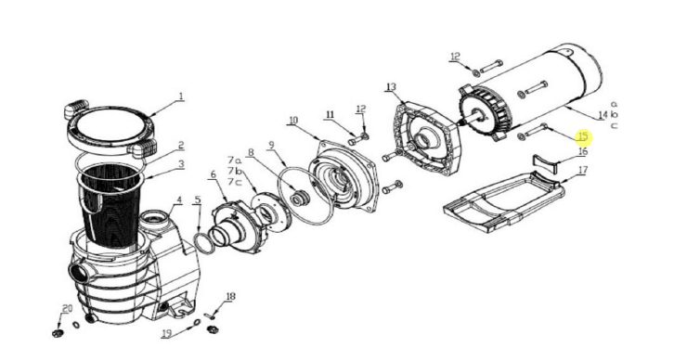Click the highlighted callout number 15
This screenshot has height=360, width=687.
tap(583, 136)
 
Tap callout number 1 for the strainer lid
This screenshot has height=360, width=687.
tap(181, 96)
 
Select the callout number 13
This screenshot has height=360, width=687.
tap(391, 86)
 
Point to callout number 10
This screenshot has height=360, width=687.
tap(293, 120)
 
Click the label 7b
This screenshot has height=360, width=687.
tap(235, 172)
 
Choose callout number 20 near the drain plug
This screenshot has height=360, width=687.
tap(67, 309)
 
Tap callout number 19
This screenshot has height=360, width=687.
tap(166, 334)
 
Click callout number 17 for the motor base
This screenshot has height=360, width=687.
tap(582, 170)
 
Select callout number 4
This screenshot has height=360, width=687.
tap(179, 200)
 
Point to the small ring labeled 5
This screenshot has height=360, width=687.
tap(204, 243)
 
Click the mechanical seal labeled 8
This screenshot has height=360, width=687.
tap(299, 198)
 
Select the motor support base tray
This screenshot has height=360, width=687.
tap(504, 202)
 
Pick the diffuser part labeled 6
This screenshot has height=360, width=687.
tap(237, 225)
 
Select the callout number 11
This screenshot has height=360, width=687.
tap(330, 115)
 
